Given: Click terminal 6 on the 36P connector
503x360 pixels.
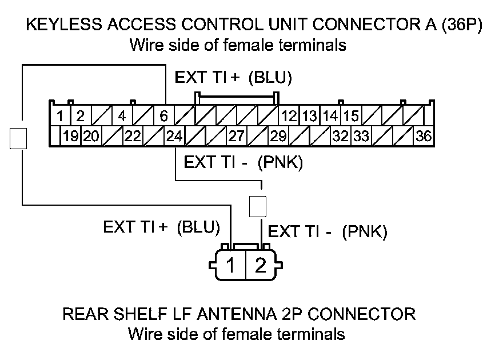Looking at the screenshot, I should tap(163, 117).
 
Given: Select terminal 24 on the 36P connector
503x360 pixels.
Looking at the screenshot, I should tap(173, 137).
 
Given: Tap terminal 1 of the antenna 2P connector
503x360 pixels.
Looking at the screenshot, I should tap(231, 266).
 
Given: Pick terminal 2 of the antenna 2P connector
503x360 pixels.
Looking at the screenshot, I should tap(260, 266).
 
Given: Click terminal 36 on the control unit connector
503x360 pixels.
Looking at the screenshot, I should tap(424, 137).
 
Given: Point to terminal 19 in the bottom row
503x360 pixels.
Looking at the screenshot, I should tap(70, 137).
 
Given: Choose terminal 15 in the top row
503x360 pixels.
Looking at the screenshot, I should tap(352, 117).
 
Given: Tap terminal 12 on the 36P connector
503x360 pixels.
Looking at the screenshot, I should tap(289, 117).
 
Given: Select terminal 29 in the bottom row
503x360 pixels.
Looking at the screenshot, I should tap(278, 137).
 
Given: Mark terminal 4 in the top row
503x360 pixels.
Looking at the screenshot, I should tap(122, 117).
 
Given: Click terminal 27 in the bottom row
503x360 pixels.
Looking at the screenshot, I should tap(236, 137).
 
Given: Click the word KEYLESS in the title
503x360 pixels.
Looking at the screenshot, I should tap(55, 26).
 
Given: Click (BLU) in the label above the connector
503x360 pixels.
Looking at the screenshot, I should tap(270, 78).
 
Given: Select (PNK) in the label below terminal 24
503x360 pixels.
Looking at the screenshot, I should tap(280, 162).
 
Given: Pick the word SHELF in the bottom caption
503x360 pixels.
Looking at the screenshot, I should tap(135, 314).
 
